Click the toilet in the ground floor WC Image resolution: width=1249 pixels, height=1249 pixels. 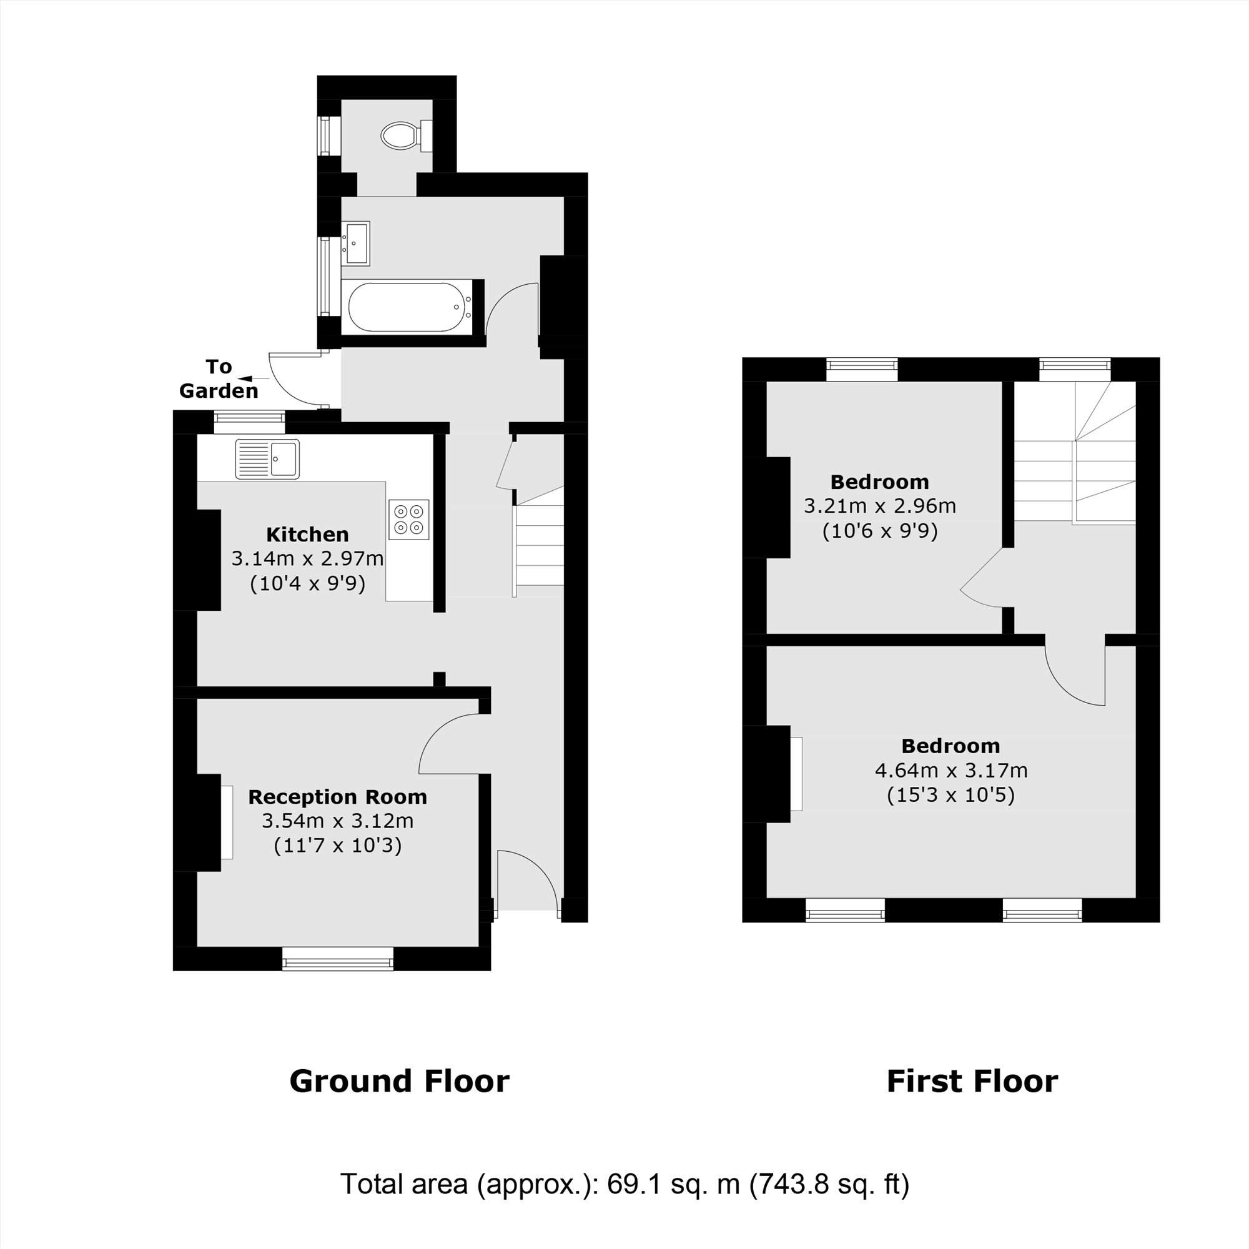pyautogui.click(x=400, y=136)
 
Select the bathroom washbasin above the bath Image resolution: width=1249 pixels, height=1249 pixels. pyautogui.click(x=356, y=243)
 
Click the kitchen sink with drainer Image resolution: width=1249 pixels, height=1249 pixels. pyautogui.click(x=268, y=459)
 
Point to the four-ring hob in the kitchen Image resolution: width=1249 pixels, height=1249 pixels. pyautogui.click(x=408, y=519)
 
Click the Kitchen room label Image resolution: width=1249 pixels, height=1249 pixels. pyautogui.click(x=307, y=535)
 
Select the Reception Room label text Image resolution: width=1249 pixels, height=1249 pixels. pyautogui.click(x=337, y=797)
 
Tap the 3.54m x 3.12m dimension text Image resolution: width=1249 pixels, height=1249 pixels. pyautogui.click(x=337, y=821)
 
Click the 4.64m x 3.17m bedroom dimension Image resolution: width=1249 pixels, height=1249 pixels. pyautogui.click(x=950, y=771)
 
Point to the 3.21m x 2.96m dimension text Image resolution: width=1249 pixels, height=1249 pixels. pyautogui.click(x=879, y=506)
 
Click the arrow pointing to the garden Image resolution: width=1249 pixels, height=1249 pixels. pyautogui.click(x=254, y=378)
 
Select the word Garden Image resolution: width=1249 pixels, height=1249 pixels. pyautogui.click(x=219, y=391)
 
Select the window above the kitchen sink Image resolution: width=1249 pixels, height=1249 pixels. pyautogui.click(x=249, y=422)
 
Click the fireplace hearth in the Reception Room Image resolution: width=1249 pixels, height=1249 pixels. pyautogui.click(x=227, y=822)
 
